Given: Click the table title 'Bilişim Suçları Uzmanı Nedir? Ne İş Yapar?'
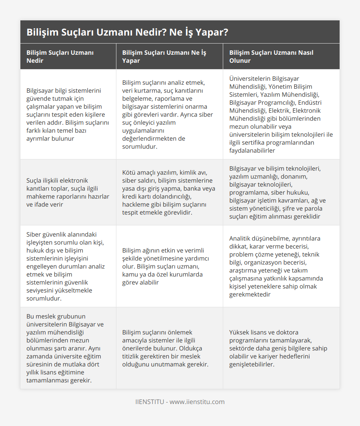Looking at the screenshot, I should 127,32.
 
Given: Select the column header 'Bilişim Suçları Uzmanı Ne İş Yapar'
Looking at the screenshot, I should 164,56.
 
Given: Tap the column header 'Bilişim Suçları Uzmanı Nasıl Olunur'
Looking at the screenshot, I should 271,56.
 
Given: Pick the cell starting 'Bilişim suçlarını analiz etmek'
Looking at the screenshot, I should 169,114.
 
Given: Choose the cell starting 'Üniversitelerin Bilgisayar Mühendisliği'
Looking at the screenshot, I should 281,114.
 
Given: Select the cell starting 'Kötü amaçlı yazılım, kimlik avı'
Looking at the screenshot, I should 169,192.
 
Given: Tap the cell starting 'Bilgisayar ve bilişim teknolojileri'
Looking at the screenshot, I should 281,192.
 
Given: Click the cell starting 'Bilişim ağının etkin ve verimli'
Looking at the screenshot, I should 169,266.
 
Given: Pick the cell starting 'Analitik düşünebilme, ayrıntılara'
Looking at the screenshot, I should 281,266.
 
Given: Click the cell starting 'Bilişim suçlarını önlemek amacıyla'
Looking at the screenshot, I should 169,348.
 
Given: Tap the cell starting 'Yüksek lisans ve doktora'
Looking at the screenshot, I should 281,348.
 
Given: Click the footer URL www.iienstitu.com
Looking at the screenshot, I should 197,402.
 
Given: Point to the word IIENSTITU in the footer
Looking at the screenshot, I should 149,402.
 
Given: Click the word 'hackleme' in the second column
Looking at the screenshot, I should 136,204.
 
